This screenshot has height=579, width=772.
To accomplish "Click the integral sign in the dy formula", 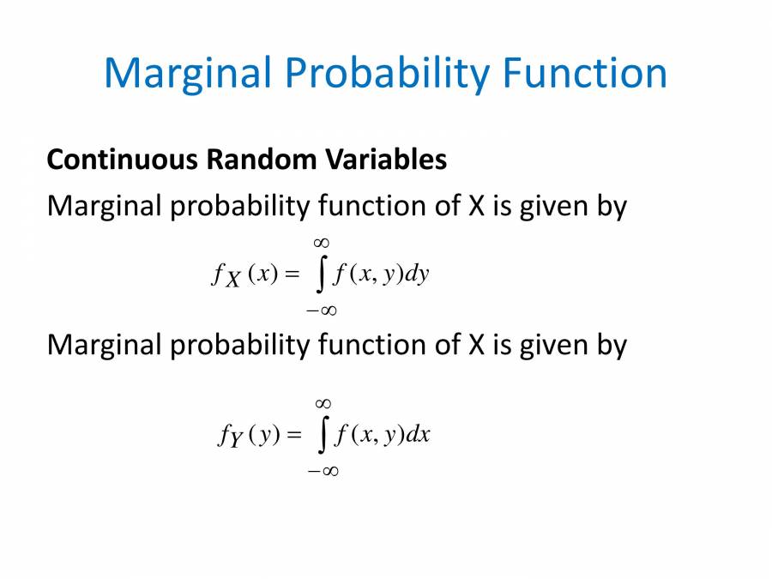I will click(322, 275).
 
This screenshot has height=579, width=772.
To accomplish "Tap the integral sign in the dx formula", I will click(322, 436).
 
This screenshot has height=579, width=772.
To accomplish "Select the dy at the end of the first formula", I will click(417, 275).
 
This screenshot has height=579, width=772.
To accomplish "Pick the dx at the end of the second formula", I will click(418, 436).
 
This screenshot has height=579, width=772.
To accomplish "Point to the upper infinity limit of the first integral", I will click(323, 244).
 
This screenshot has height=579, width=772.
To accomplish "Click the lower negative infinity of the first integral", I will click(322, 310).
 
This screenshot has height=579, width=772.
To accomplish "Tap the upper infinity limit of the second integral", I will click(323, 403).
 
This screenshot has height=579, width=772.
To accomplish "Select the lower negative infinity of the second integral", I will click(323, 470).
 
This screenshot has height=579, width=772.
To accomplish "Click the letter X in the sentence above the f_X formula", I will click(476, 207).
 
